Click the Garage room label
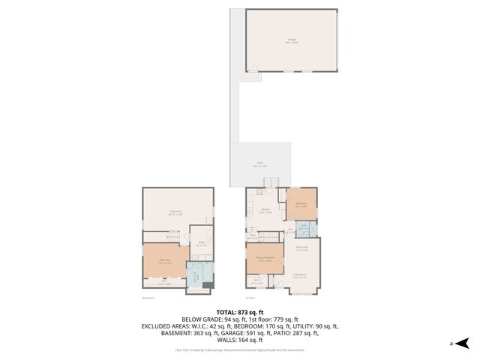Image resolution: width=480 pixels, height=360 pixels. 291,40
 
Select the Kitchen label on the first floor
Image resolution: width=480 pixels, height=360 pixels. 265,211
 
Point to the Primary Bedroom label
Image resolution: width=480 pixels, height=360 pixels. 265,259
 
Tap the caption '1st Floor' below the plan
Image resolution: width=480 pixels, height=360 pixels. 252,298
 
